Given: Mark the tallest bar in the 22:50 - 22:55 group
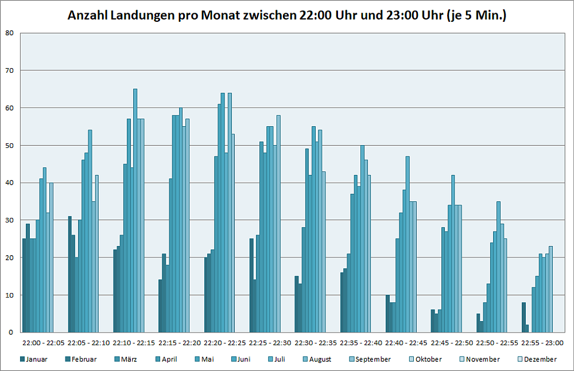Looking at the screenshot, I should [x=499, y=267].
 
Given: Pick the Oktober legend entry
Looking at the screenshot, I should [x=428, y=360].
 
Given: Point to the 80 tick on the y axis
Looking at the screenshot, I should [x=9, y=33].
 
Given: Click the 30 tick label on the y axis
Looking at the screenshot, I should [x=9, y=220].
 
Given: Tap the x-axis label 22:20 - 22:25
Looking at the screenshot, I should [x=225, y=343].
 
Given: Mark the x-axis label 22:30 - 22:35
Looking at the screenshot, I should [x=316, y=343].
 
